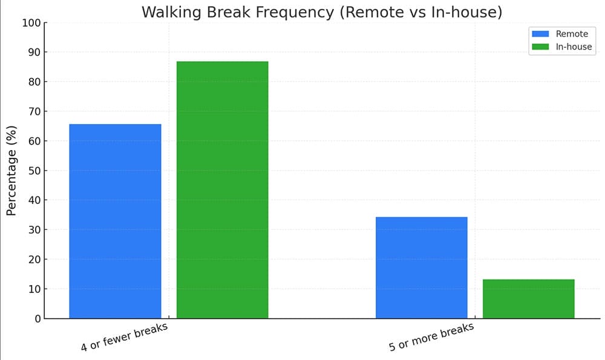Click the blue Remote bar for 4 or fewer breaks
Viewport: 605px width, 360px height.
pyautogui.click(x=115, y=221)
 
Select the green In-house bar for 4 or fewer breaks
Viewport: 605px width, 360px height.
pyautogui.click(x=222, y=189)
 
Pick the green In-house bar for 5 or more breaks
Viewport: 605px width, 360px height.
pyautogui.click(x=528, y=298)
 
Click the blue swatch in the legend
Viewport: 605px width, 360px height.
pyautogui.click(x=540, y=34)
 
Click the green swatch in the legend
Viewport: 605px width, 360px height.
pyautogui.click(x=540, y=47)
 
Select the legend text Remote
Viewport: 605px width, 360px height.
pyautogui.click(x=572, y=34)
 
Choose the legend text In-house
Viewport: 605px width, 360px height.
pyautogui.click(x=574, y=47)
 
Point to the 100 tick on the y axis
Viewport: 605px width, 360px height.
pyautogui.click(x=31, y=23)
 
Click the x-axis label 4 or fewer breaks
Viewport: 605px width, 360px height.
pyautogui.click(x=124, y=337)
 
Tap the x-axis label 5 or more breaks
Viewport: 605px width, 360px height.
pyautogui.click(x=431, y=337)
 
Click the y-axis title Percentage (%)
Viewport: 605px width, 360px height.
pyautogui.click(x=11, y=171)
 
